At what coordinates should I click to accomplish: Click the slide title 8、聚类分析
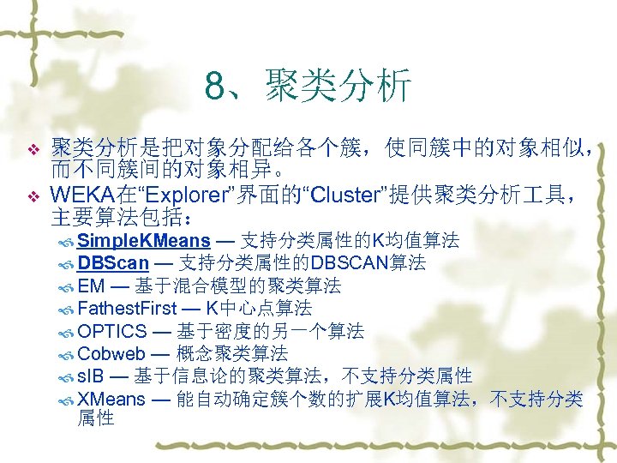(x=308, y=86)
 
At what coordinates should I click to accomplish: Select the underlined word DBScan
(x=113, y=262)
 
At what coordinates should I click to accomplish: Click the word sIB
(x=89, y=376)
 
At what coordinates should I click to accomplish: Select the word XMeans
(x=111, y=399)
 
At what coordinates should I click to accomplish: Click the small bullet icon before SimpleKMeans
(x=67, y=240)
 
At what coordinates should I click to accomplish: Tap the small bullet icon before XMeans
(x=67, y=400)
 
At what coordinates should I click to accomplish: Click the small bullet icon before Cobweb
(x=67, y=354)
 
